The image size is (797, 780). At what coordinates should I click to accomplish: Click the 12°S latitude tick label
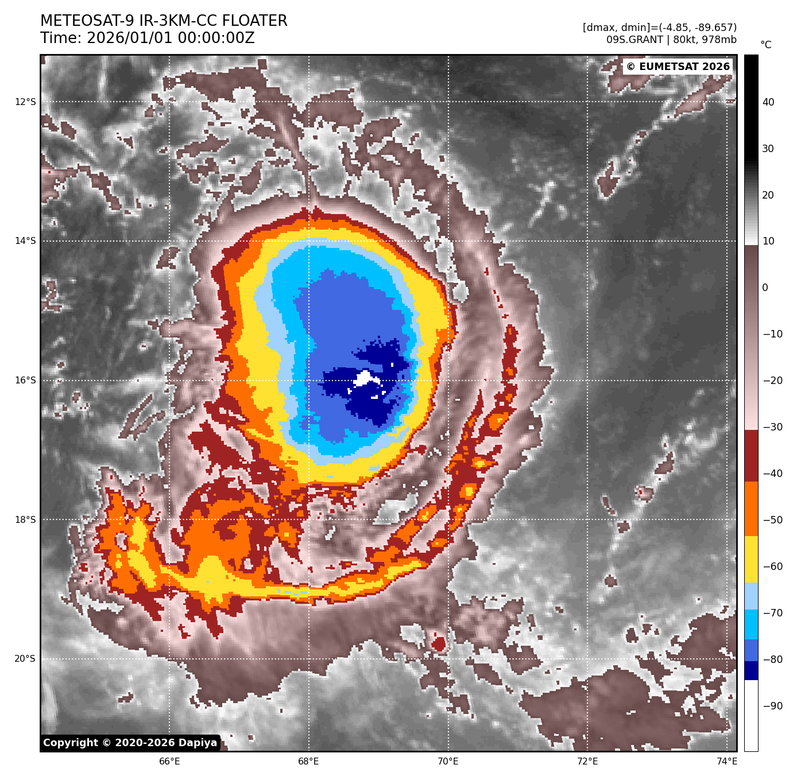(25, 102)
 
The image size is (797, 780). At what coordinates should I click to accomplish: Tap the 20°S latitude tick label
(25, 659)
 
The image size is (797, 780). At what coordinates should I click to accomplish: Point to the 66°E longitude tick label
(169, 762)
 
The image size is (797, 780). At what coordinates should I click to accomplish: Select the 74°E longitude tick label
(727, 762)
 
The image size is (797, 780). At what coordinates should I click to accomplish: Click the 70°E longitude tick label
(448, 762)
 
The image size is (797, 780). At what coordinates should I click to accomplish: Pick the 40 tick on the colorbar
(768, 102)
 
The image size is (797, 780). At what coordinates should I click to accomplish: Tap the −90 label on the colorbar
(772, 706)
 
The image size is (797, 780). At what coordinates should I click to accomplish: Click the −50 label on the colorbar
(772, 520)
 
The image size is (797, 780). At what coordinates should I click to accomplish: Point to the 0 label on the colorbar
(765, 288)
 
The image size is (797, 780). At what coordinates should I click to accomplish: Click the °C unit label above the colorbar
(765, 45)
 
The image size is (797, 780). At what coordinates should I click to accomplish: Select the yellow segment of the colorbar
(751, 560)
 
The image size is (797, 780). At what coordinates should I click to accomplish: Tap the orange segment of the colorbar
(751, 509)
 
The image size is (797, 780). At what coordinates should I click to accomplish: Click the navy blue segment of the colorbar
(751, 670)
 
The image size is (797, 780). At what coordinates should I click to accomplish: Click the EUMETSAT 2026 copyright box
(678, 67)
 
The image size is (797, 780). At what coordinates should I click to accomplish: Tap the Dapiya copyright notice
(130, 743)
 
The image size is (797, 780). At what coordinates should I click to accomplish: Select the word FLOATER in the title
(254, 21)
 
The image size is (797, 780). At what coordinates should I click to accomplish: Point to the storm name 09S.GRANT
(634, 40)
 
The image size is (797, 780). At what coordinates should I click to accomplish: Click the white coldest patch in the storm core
(364, 378)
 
